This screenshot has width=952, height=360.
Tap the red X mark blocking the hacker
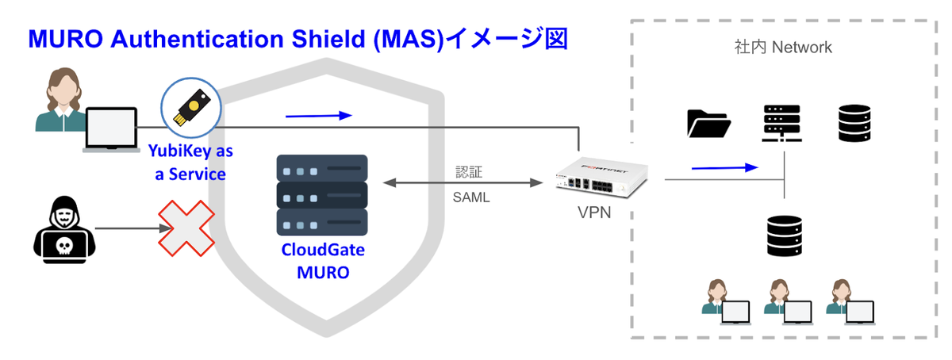click(x=186, y=228)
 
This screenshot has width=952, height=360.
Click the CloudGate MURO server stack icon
click(x=322, y=194)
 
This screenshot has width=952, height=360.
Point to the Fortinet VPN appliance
click(x=602, y=179)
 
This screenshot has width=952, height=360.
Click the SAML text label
click(x=471, y=197)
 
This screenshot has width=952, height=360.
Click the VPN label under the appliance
click(x=593, y=213)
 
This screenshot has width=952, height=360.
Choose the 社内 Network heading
click(x=783, y=48)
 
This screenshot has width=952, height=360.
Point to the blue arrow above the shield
click(x=318, y=116)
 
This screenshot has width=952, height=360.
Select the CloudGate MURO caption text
click(x=323, y=262)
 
